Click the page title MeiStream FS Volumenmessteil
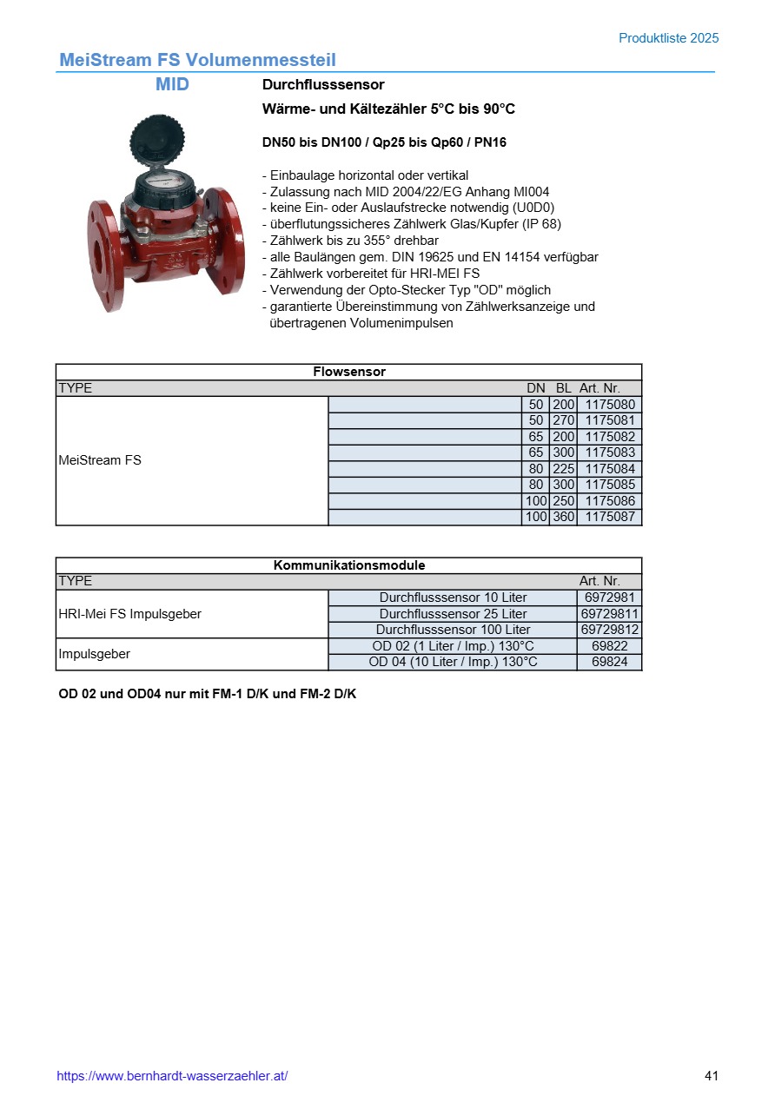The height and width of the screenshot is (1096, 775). pos(197,60)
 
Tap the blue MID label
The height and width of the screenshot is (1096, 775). pos(172,85)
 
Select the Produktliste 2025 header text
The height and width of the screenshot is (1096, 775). pos(668,38)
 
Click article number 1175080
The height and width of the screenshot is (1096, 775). pos(610,405)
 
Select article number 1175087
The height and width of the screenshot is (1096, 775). pos(610,517)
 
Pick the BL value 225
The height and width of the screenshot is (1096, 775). pos(564,469)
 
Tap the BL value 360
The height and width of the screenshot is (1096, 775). pos(564,517)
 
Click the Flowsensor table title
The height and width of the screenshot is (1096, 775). pos(348,372)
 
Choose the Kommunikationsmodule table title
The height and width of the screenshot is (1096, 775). pos(348,565)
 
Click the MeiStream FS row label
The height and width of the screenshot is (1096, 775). pos(100,460)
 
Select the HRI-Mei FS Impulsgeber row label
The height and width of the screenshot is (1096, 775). pos(129,614)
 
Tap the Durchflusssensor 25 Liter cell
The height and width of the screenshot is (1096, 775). pos(453,614)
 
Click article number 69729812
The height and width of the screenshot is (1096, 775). pos(610,630)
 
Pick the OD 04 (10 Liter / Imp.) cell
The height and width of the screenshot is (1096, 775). pos(453,662)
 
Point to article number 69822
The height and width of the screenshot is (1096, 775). pos(610,646)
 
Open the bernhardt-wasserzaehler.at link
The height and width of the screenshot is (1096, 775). pos(172,1076)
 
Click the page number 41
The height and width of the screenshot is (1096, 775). pos(712,1076)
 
